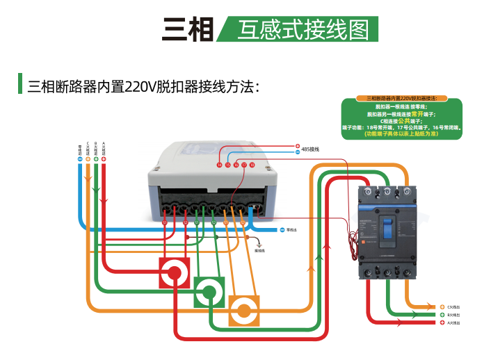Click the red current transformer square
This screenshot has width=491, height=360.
175,272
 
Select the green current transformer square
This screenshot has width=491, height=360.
209,292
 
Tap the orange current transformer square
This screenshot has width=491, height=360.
244,311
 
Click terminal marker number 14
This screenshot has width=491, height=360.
219,165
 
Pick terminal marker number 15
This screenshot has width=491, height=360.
227,165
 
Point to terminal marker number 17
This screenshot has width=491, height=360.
244,165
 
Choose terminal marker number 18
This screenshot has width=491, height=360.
252,165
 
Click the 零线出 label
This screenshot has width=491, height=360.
291,229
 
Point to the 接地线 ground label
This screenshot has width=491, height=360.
260,249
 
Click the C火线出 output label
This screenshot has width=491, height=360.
454,306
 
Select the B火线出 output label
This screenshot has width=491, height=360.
454,315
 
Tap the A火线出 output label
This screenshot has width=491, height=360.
454,323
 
